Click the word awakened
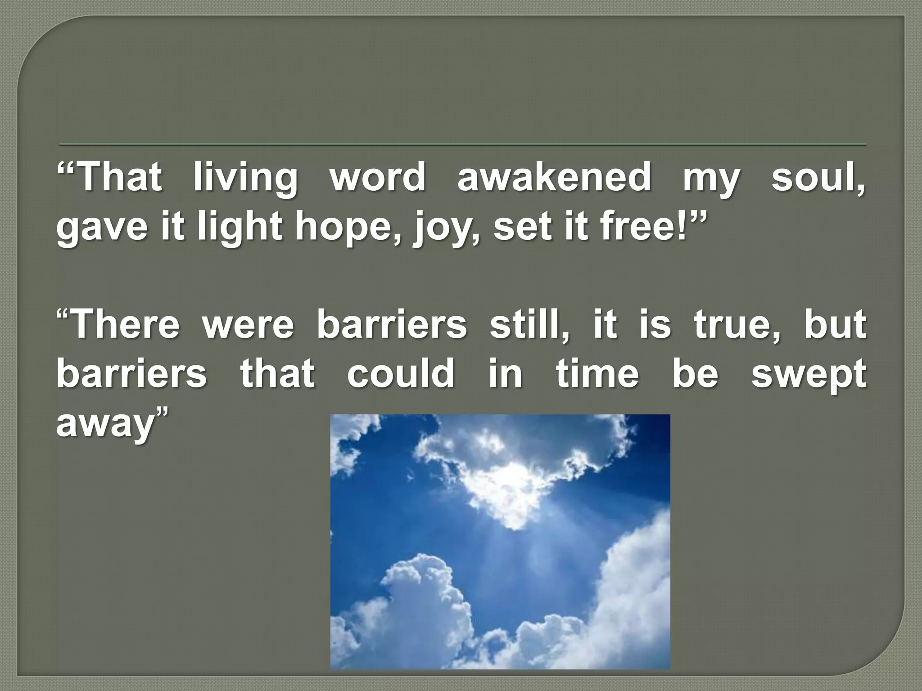[x=553, y=177]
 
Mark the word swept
[x=808, y=375]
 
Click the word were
[x=247, y=325]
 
